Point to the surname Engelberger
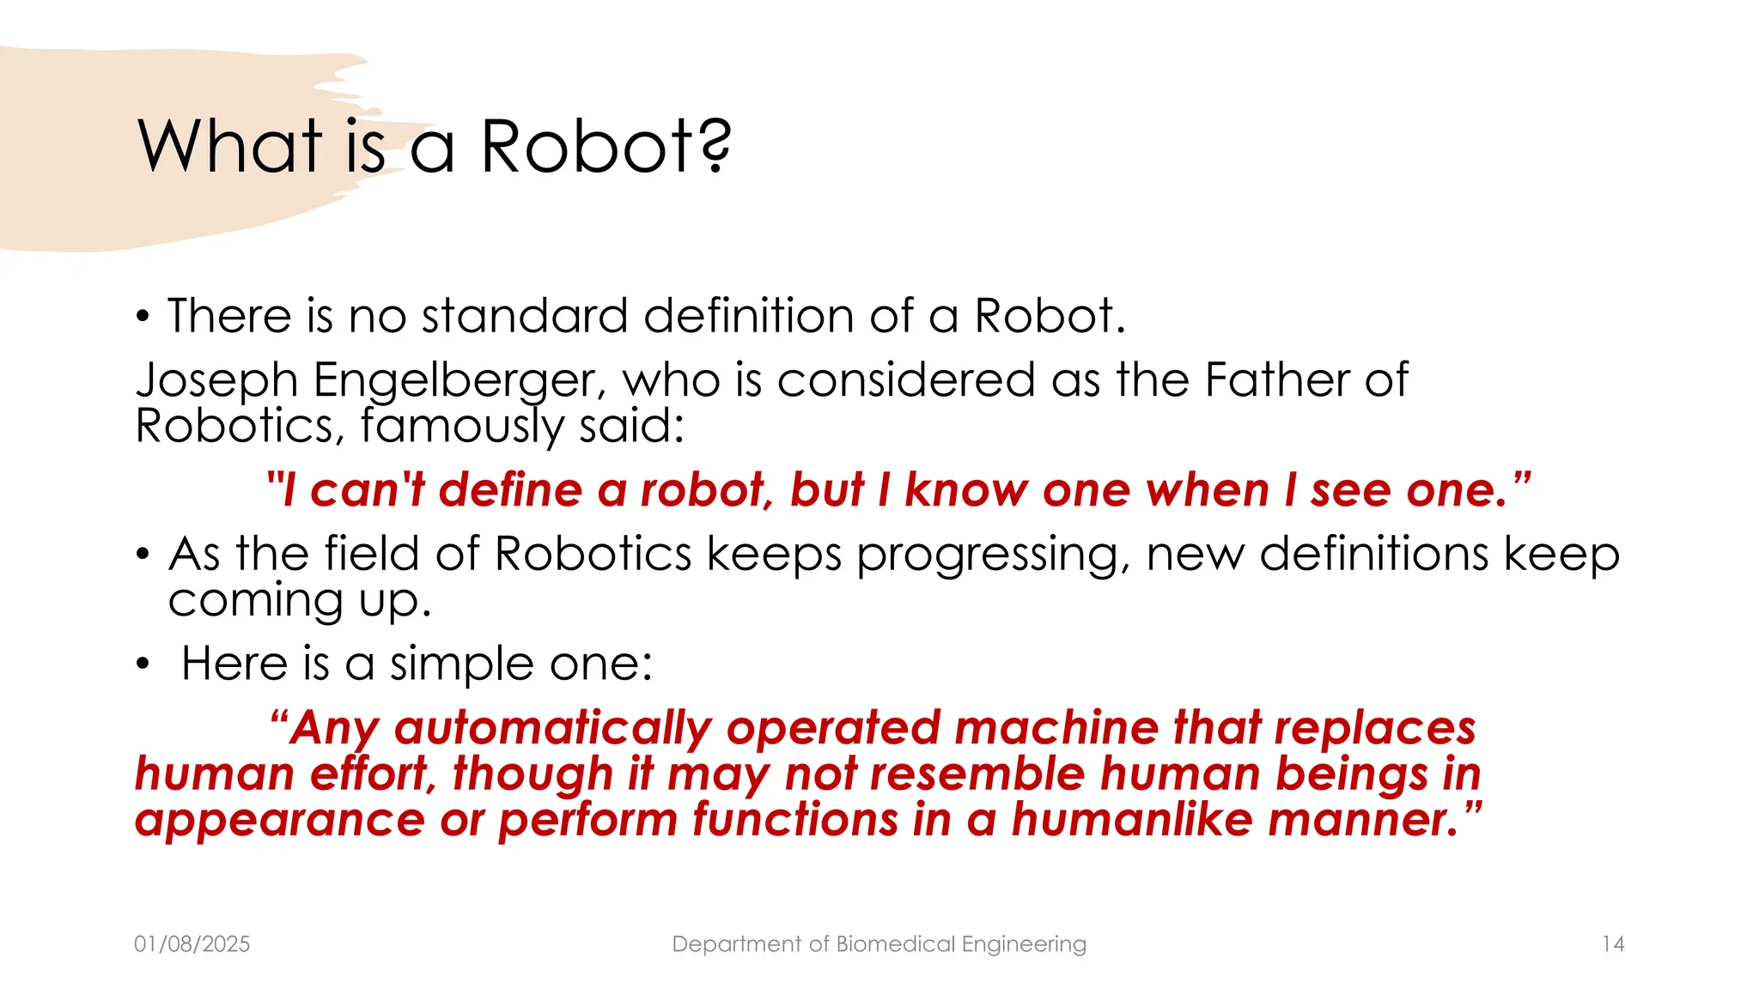pos(459,380)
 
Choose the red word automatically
pos(552,728)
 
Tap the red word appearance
pos(280,820)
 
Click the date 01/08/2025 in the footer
pos(192,944)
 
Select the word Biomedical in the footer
pos(896,944)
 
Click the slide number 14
pos(1613,944)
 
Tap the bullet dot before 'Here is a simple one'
pos(143,664)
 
